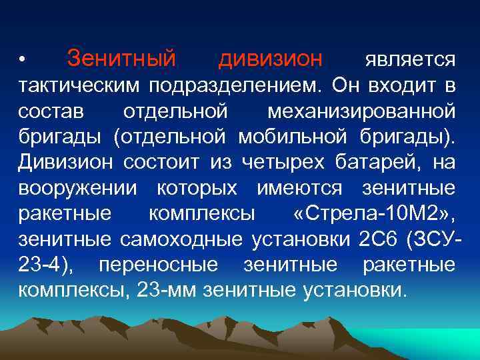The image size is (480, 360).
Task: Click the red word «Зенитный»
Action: [x=121, y=59]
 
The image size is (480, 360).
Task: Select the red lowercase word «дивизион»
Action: [x=270, y=59]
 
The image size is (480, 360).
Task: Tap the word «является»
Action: [x=410, y=61]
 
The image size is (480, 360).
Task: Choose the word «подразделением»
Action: [x=238, y=85]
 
